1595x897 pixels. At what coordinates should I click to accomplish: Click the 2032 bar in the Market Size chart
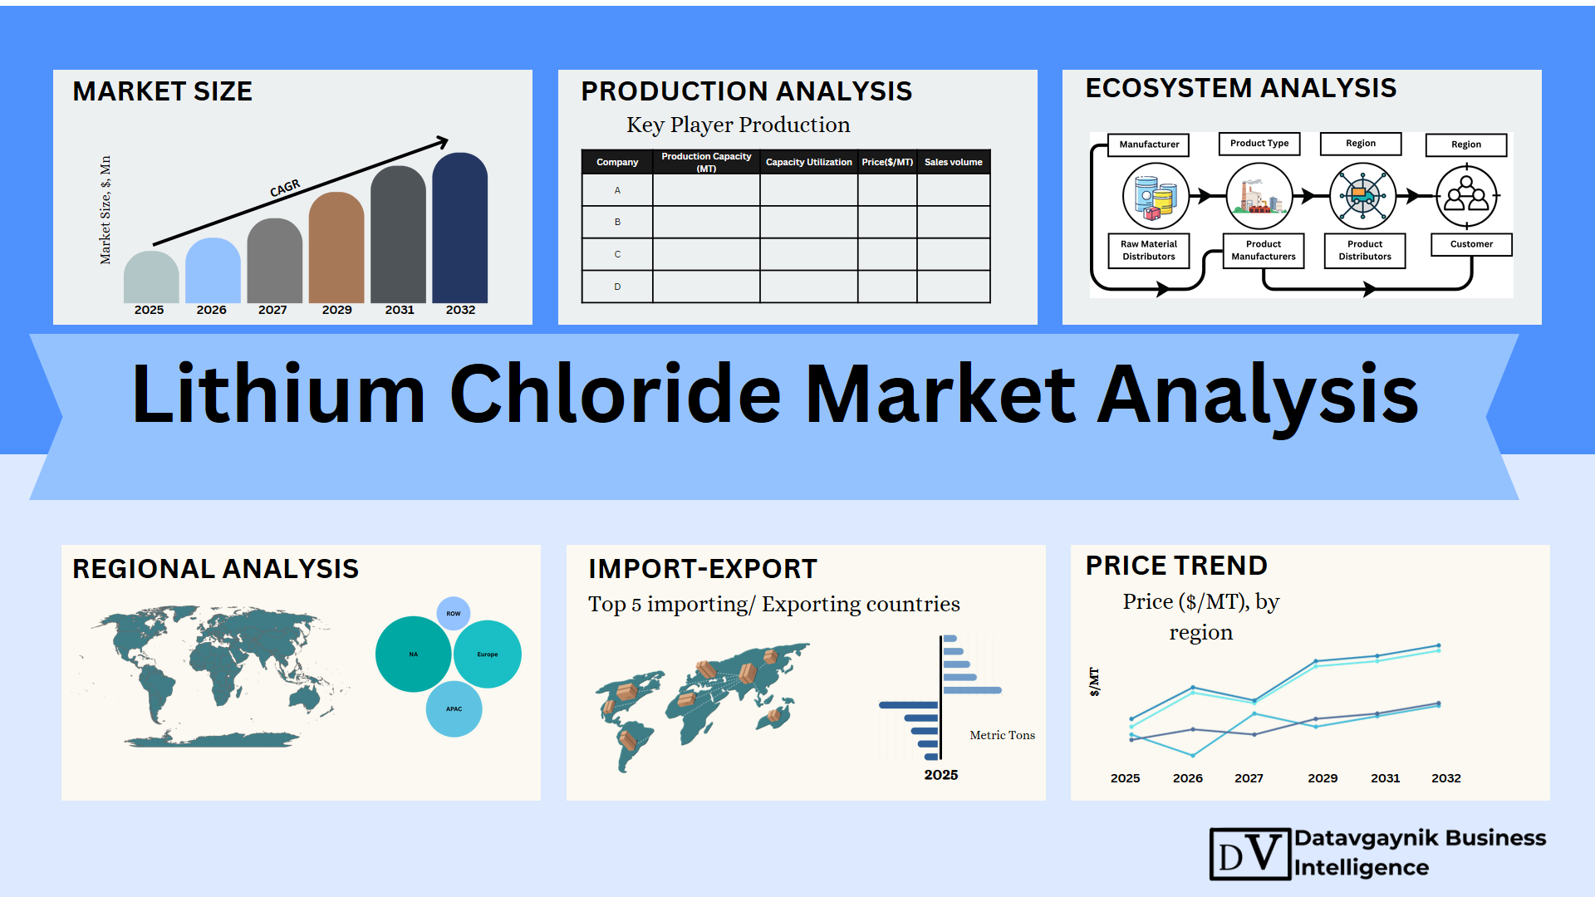460,228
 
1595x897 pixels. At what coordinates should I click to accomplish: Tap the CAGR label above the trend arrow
285,189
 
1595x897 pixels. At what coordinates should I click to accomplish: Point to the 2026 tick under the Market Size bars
211,310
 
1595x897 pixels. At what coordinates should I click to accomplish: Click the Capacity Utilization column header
808,162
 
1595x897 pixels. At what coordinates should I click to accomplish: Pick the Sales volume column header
954,162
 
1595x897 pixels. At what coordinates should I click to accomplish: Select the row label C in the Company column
617,254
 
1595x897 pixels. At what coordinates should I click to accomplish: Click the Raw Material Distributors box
1149,250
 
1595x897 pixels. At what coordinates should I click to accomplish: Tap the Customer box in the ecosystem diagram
1471,244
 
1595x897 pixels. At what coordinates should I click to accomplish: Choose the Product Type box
1259,144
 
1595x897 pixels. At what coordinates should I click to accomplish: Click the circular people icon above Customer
1467,197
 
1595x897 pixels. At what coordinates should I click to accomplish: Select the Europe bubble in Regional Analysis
488,654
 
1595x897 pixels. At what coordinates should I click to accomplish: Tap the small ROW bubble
454,614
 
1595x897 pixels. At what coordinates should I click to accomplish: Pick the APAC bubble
454,709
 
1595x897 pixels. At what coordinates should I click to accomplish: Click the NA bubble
414,654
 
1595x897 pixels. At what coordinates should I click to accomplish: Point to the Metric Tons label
1003,735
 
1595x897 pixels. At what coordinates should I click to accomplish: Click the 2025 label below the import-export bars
941,775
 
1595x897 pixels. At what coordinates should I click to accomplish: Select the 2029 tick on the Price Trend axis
1323,778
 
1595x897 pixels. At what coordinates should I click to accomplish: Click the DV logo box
1250,854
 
